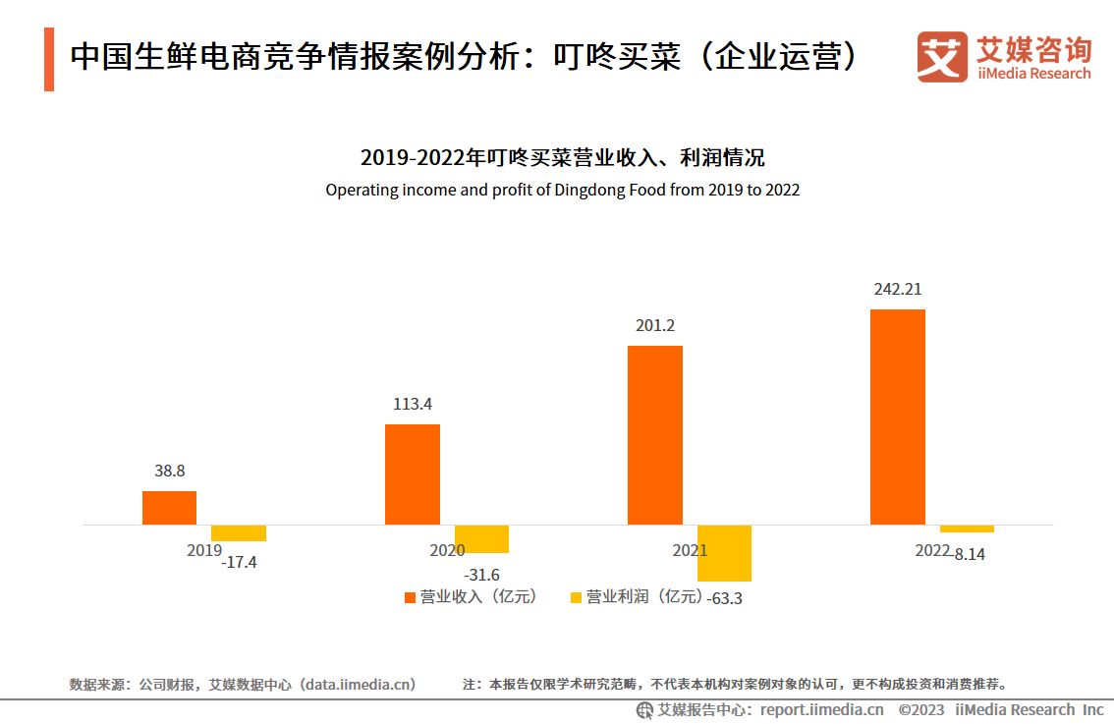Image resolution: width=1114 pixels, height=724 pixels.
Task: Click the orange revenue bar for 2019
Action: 169,508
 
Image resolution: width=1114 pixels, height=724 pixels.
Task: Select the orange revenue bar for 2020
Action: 412,474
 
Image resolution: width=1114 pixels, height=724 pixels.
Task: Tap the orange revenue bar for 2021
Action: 654,435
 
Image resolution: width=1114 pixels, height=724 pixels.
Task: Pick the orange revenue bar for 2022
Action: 897,418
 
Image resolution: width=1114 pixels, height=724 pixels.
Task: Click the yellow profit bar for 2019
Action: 239,533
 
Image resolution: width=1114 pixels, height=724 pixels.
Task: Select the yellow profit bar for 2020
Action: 481,539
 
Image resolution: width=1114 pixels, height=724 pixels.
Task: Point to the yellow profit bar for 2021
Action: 724,553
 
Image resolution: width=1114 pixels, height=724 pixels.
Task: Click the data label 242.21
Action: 897,290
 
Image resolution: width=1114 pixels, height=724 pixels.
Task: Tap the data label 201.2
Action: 655,326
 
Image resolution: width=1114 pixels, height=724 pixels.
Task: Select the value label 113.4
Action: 412,404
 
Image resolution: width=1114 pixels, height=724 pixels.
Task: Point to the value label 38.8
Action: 169,471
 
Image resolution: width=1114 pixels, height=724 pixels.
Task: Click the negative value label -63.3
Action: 724,598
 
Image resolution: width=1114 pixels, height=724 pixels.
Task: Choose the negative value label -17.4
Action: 239,563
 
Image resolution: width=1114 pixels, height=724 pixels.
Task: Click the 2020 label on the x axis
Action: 447,551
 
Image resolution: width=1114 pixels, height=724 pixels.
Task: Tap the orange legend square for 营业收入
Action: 410,597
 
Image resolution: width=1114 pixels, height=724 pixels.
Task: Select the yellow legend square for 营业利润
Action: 576,597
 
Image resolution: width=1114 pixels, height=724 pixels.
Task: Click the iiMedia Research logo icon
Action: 942,57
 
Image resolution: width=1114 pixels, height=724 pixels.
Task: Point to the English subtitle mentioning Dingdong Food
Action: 562,190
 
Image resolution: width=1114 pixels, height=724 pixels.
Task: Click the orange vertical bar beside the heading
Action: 49,60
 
